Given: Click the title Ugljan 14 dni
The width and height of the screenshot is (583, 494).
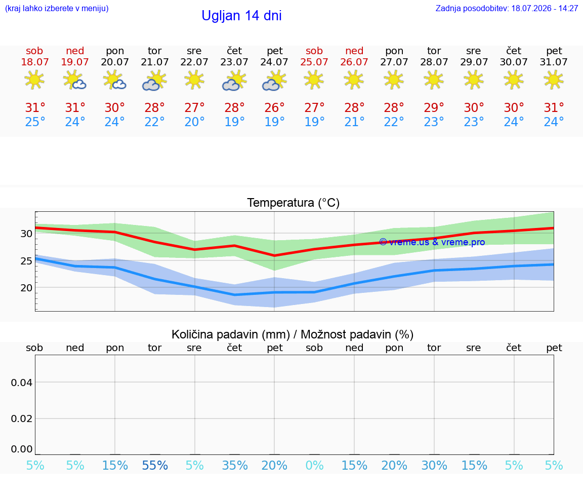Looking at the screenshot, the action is click(242, 16).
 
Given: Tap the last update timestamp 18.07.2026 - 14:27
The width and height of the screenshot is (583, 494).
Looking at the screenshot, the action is click(545, 8).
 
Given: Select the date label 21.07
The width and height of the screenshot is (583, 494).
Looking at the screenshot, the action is click(155, 62).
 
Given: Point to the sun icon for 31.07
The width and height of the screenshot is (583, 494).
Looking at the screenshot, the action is click(554, 80).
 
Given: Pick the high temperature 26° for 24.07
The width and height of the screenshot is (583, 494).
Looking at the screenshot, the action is click(274, 107).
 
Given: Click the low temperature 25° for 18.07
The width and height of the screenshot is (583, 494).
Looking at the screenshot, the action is click(35, 122).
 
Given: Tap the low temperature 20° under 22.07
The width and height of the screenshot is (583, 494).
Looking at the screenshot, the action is click(194, 122).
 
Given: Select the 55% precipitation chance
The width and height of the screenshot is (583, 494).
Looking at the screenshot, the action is click(155, 465).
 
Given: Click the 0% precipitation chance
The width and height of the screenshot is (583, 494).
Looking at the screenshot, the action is click(315, 465).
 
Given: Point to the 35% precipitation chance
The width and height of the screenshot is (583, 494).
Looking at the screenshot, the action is click(235, 465).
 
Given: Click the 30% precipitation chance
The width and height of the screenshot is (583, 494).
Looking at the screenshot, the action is click(434, 465).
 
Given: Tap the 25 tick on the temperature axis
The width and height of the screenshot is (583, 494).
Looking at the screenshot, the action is click(26, 261).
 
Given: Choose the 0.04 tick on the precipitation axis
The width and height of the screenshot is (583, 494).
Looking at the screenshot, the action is click(22, 383).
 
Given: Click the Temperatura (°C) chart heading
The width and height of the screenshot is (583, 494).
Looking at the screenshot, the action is click(294, 203).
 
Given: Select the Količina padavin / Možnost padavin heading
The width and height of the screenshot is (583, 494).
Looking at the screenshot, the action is click(293, 334).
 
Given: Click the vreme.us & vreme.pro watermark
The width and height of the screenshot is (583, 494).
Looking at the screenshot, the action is click(432, 242).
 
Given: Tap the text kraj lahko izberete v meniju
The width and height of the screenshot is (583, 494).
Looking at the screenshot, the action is click(57, 8).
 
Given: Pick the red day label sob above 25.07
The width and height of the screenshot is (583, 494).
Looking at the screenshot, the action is click(314, 51).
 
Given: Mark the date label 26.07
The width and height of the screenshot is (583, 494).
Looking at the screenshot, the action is click(354, 62).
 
